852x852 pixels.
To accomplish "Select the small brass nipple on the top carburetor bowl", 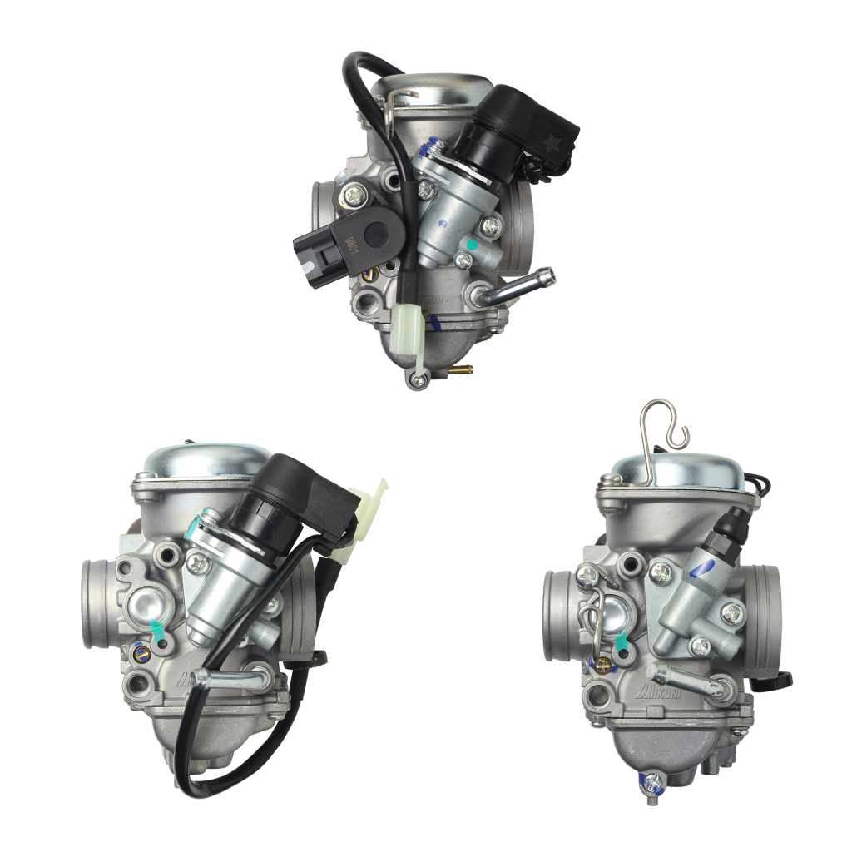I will click(x=460, y=368).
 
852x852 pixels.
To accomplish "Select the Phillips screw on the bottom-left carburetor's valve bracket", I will click(x=198, y=564).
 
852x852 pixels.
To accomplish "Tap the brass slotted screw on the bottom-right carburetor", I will click(x=596, y=663).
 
